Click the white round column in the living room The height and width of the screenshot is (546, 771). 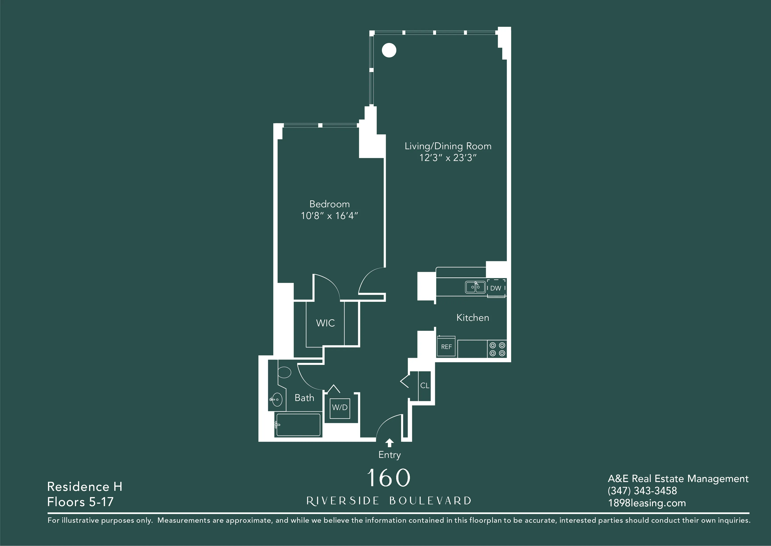pos(389,50)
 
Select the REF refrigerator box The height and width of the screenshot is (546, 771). pos(446,347)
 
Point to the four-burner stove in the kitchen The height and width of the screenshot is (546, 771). pos(497,349)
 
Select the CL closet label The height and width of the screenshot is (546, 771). pos(425,386)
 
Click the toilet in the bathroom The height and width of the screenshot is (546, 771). pos(284,372)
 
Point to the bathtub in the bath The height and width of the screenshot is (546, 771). pos(298,425)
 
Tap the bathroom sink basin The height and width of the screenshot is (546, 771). pos(276,399)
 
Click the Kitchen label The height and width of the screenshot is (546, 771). pos(473,318)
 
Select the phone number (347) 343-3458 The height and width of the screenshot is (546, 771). pos(642,490)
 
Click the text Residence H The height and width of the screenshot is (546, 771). pos(85,486)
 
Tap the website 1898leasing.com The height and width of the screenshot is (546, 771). pos(647,503)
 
